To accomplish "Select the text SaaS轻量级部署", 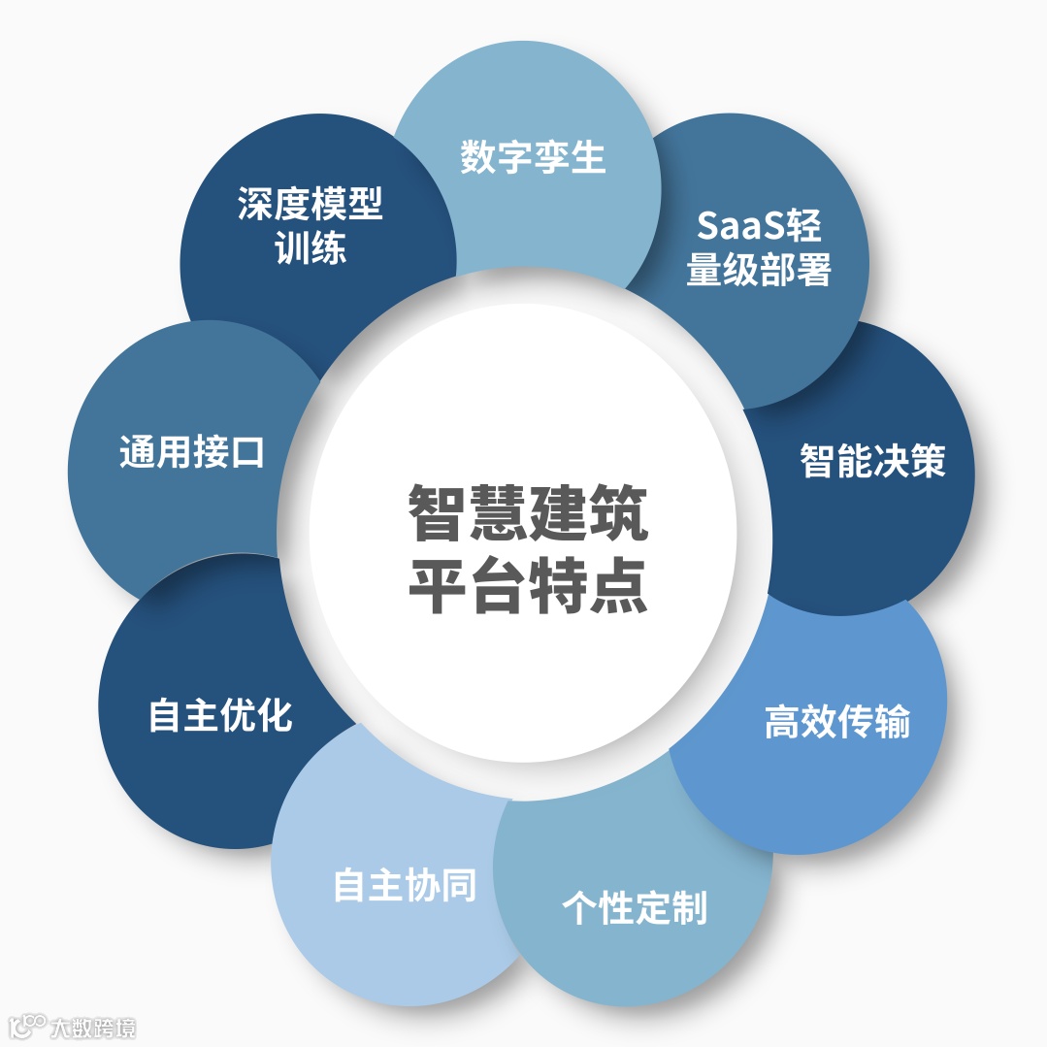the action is (759, 247).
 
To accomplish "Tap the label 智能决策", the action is (872, 460).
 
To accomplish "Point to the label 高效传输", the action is (836, 722).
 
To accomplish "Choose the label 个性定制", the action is (635, 907).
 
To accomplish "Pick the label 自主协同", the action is (405, 885).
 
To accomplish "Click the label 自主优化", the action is (220, 715).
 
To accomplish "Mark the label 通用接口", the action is (191, 451).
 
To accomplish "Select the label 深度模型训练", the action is (311, 226).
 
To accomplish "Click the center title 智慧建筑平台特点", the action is (527, 549).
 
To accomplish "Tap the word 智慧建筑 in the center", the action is (527, 513).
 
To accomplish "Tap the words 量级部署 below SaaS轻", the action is (759, 271).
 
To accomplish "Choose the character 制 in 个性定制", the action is (689, 907).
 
